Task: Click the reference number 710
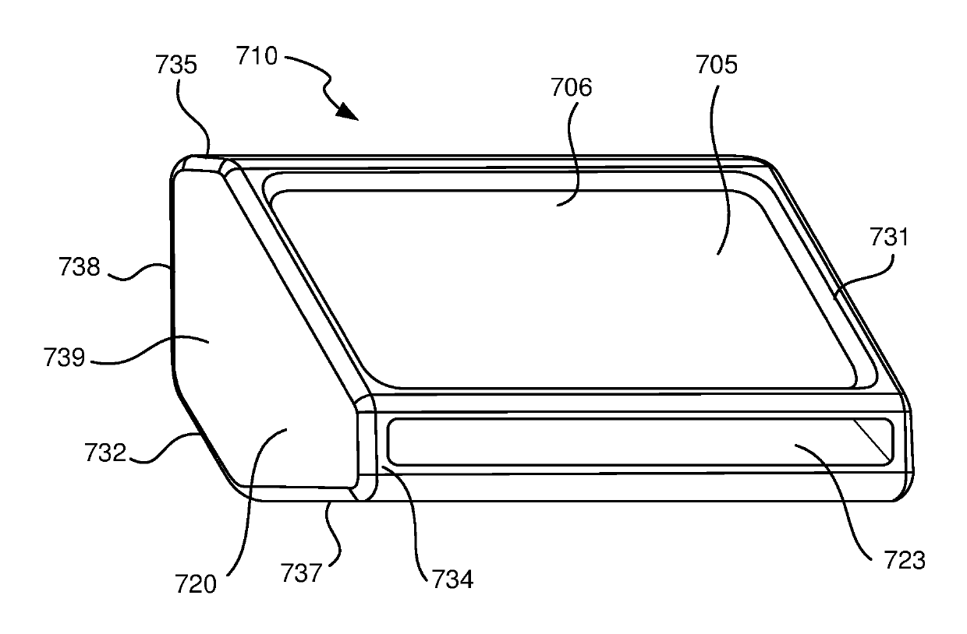(x=257, y=56)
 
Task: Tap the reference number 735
(x=176, y=65)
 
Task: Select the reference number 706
(x=571, y=87)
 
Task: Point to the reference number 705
(x=717, y=65)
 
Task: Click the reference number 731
(x=889, y=237)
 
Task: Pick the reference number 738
(x=80, y=266)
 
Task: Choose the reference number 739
(x=64, y=358)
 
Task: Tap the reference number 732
(x=105, y=453)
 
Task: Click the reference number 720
(x=195, y=584)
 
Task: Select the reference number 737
(x=301, y=572)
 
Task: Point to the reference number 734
(x=452, y=579)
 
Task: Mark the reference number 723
(x=905, y=560)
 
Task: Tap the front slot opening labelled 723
(x=640, y=442)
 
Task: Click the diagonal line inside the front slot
(x=870, y=439)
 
